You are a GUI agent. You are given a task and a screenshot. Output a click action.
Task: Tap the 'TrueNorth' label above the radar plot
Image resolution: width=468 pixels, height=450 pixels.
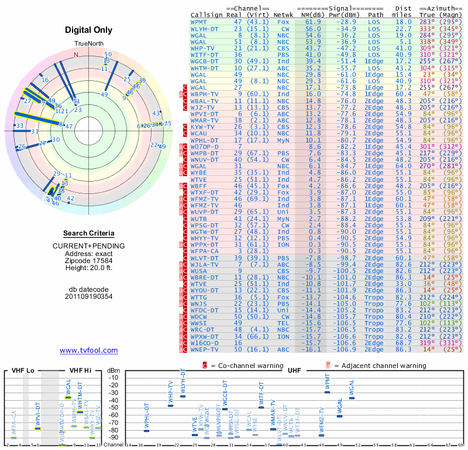[88, 45]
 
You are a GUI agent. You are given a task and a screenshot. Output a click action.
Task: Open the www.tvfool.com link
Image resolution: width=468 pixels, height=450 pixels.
[88, 350]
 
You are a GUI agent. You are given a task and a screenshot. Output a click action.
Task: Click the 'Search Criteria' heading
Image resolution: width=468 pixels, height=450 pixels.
[90, 233]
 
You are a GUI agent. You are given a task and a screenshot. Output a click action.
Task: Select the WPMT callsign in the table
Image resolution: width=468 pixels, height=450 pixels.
[199, 21]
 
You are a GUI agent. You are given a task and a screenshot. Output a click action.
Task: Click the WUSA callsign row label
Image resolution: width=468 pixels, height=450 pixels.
[199, 271]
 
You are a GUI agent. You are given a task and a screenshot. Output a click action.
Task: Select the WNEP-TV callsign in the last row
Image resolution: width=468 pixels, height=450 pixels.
[205, 349]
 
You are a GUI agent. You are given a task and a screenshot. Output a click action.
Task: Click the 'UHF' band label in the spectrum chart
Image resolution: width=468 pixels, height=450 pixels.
[295, 371]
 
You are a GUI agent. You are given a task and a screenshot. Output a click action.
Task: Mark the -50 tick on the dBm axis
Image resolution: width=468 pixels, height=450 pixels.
[113, 407]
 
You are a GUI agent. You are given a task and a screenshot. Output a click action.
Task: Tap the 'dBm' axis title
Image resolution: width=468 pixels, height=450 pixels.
[113, 371]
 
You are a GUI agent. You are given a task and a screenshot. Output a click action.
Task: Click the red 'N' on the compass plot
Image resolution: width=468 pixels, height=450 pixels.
[75, 54]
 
